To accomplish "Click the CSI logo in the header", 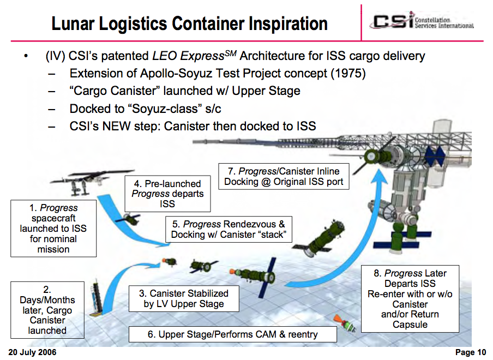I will [423, 22].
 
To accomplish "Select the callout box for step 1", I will [53, 229].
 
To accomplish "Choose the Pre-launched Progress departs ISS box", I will [167, 193].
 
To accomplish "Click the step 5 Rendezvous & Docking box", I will [229, 229].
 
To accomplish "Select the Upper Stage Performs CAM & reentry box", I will [232, 334].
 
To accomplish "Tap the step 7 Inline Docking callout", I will [284, 176].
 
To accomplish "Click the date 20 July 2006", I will [33, 352].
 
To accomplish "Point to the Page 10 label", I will [470, 352].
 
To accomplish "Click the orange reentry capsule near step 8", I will [336, 317].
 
